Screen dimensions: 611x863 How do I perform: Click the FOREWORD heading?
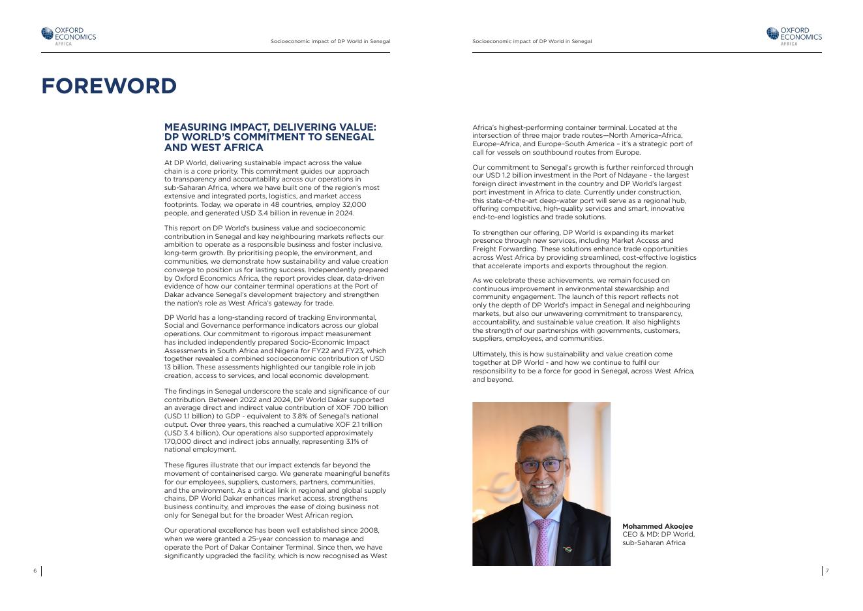coord(109,86)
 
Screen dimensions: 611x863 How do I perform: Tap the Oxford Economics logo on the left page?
coord(68,36)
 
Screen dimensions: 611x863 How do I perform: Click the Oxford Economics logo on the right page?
coord(794,36)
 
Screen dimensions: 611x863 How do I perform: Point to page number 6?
coord(35,571)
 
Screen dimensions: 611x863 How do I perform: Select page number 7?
coord(827,571)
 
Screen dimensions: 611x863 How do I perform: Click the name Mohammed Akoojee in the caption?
coord(658,526)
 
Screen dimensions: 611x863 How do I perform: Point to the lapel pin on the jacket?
coord(568,550)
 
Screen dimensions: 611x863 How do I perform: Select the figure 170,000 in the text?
coord(178,441)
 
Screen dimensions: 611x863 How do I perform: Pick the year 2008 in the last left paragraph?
coord(369,531)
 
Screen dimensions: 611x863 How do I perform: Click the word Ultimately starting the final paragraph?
coord(490,354)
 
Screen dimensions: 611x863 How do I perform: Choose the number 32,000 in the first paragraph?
coord(354,204)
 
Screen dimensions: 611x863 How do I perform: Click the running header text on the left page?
coord(330,42)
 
